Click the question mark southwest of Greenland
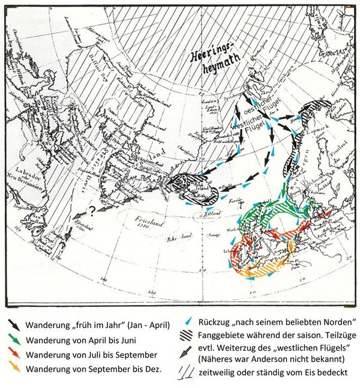(92, 210)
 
